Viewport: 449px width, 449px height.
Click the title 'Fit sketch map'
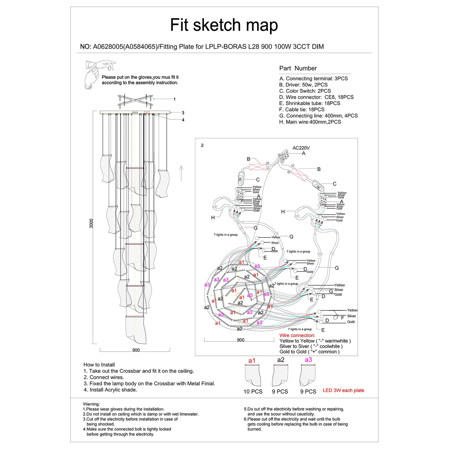tap(224, 25)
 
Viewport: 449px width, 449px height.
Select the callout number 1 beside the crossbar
tap(175, 99)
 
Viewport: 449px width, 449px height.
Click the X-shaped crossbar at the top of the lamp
tap(135, 101)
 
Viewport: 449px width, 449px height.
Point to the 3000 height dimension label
tap(91, 223)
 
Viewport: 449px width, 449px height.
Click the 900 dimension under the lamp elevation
tap(136, 350)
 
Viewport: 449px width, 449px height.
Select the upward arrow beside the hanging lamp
tap(181, 173)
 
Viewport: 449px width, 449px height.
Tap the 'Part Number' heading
tap(298, 68)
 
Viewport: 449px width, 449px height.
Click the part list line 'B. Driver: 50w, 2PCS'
tap(303, 85)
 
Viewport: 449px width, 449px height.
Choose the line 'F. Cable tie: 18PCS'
tap(302, 110)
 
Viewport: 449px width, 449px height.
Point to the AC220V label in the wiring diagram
tap(301, 148)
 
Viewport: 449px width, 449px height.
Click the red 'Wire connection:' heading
tap(297, 336)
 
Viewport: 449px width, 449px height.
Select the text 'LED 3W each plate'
tap(343, 390)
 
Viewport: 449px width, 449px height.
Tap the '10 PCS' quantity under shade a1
tap(253, 392)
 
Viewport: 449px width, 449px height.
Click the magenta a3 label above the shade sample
tap(308, 360)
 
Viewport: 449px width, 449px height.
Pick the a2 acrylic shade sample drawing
tap(280, 375)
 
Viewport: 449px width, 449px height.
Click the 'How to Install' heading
tap(99, 365)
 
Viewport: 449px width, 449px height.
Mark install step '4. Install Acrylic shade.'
tap(110, 390)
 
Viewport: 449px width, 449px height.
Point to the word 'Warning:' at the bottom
tap(91, 404)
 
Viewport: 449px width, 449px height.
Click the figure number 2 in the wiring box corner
tap(202, 146)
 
